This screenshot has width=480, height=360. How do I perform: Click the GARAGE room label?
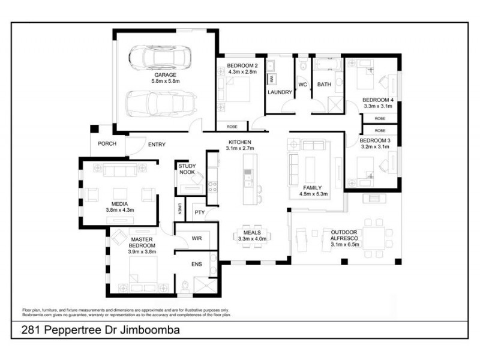point(166,75)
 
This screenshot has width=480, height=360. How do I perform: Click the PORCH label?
point(107,144)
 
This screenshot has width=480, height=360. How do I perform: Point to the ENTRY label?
point(157,144)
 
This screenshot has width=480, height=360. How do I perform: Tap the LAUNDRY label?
point(280,92)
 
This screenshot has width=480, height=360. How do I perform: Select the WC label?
point(302,85)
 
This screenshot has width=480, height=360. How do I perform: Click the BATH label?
point(324,85)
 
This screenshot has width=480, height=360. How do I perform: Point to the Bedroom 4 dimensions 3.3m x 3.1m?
point(378,106)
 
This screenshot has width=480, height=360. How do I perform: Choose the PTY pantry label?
point(199,212)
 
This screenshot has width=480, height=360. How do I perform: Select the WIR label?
point(196,238)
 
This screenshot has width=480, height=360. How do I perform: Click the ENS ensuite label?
point(196,264)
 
